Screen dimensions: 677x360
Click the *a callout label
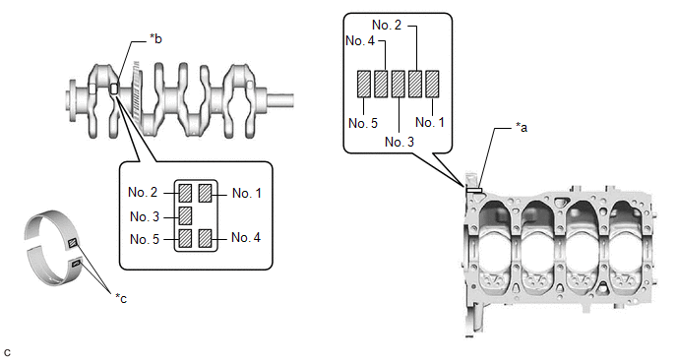pyautogui.click(x=522, y=127)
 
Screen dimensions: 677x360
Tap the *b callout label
pyautogui.click(x=155, y=38)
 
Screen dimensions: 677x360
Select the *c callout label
pyautogui.click(x=121, y=298)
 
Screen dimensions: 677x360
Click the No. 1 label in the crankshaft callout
pyautogui.click(x=247, y=194)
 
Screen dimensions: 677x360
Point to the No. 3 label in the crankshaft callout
pyautogui.click(x=145, y=216)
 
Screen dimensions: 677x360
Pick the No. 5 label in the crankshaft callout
pyautogui.click(x=145, y=239)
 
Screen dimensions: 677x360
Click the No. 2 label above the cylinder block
pyautogui.click(x=387, y=25)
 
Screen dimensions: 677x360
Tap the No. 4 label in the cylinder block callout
pyautogui.click(x=360, y=41)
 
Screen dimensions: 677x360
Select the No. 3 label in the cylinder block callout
pyautogui.click(x=400, y=142)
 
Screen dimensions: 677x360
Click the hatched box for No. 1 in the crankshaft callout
pyautogui.click(x=205, y=194)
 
